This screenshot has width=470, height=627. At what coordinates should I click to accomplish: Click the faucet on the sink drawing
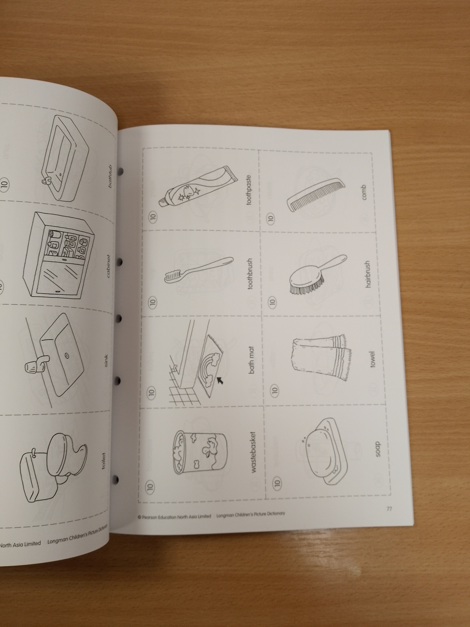(35, 364)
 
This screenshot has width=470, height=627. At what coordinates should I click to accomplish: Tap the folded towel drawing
(320, 358)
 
